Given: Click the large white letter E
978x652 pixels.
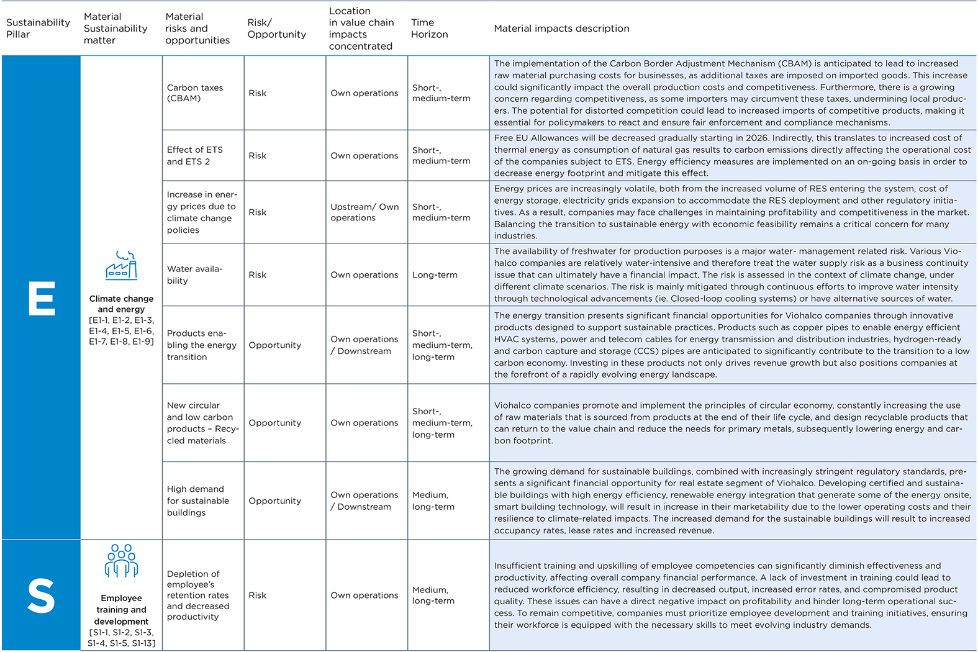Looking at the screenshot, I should tap(42, 299).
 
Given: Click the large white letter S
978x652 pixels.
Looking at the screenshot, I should tap(41, 595).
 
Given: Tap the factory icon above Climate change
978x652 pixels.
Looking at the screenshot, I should tap(121, 266).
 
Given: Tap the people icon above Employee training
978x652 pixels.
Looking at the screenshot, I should tap(121, 561).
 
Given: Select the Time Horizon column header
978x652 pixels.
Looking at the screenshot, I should tap(429, 29).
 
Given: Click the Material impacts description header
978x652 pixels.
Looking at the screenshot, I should tap(561, 29).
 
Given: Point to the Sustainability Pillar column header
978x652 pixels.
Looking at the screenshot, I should tap(38, 29).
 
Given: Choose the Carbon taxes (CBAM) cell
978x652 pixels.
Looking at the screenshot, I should tap(195, 93).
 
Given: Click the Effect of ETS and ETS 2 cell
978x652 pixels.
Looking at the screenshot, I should tap(195, 155).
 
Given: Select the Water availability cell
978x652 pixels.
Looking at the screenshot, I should tap(194, 274).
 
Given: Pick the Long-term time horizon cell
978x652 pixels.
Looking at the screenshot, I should tap(435, 275).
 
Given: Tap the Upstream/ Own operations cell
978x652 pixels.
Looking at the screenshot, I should tap(364, 212).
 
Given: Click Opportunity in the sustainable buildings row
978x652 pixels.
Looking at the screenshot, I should tap(274, 501).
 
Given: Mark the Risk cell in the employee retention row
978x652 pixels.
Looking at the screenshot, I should tap(258, 595).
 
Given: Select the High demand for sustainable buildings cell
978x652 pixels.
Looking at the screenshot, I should tap(197, 501).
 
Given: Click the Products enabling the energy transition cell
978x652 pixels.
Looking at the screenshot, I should tap(201, 345).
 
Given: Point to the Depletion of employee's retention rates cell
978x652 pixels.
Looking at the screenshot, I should tap(197, 595).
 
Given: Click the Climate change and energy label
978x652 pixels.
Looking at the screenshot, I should tap(121, 304).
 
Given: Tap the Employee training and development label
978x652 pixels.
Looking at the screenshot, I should tap(121, 610).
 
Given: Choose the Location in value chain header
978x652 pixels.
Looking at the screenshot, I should tap(361, 29).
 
